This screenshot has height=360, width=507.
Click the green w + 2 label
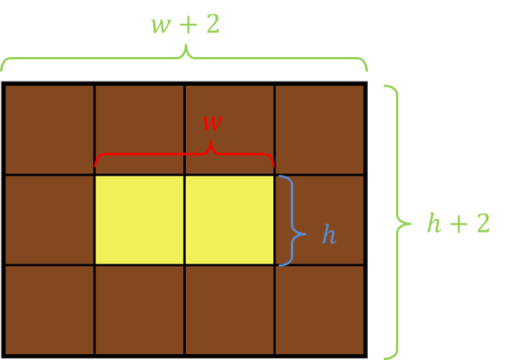click(185, 24)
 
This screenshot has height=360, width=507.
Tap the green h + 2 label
click(458, 222)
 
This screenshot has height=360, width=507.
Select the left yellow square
click(139, 220)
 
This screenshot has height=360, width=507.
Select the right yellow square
click(229, 220)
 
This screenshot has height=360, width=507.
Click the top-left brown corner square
click(49, 129)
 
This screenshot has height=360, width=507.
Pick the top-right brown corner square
click(320, 129)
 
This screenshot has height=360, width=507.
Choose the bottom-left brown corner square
click(49, 310)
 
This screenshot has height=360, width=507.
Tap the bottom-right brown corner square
click(320, 310)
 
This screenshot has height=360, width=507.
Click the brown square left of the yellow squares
click(49, 220)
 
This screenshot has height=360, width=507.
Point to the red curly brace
click(185, 156)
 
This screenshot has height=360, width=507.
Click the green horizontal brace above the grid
click(185, 58)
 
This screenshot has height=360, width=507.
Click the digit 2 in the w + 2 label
click(212, 24)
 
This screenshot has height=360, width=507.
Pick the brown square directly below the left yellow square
click(139, 310)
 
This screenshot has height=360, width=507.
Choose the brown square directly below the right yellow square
click(229, 310)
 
